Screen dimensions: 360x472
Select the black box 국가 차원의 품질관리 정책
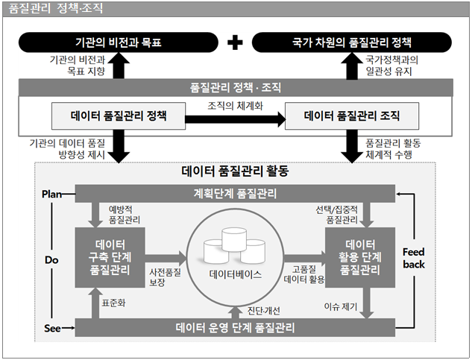tap(351, 41)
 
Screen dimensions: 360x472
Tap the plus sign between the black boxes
tap(235, 42)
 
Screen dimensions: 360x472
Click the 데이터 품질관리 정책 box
tap(119, 116)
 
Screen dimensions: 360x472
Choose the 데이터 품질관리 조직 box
tap(352, 116)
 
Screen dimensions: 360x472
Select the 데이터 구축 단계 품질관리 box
tap(110, 256)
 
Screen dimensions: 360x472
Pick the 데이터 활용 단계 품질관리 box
tap(359, 256)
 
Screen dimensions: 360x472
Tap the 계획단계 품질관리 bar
tap(235, 195)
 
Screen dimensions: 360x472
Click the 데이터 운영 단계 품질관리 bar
tap(235, 327)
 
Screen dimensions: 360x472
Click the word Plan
tap(51, 194)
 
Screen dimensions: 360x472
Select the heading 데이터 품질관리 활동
tap(235, 171)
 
